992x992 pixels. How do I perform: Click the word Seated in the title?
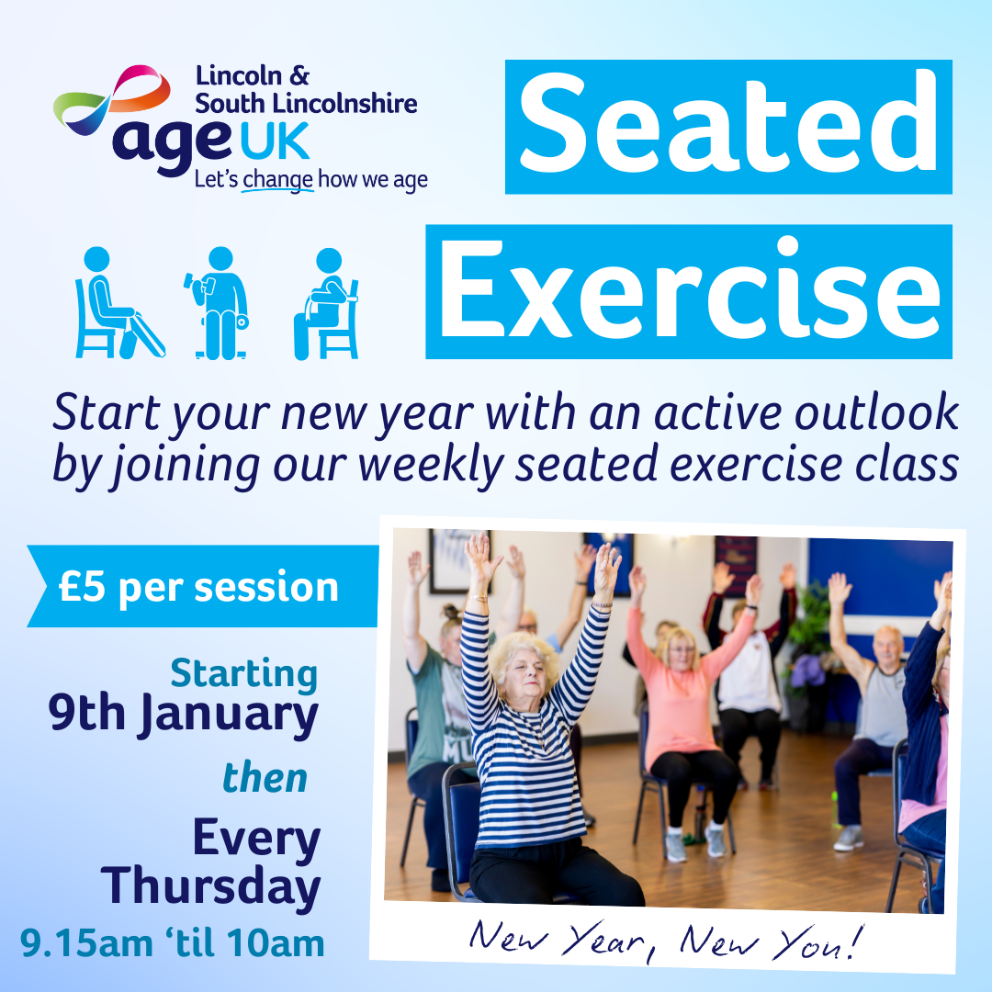727,125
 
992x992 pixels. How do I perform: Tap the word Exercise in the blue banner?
690,292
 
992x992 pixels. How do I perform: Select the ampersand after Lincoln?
299,76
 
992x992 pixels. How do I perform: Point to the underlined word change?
277,181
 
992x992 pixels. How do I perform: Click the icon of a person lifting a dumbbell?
219,303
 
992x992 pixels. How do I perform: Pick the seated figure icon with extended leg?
118,303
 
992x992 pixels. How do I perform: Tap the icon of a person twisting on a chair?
326,304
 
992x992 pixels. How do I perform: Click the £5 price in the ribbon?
83,587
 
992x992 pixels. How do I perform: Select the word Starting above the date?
244,674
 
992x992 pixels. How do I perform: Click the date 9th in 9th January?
86,714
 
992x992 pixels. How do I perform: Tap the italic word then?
265,778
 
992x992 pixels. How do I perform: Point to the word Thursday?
210,887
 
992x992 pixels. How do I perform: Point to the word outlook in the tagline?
877,412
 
